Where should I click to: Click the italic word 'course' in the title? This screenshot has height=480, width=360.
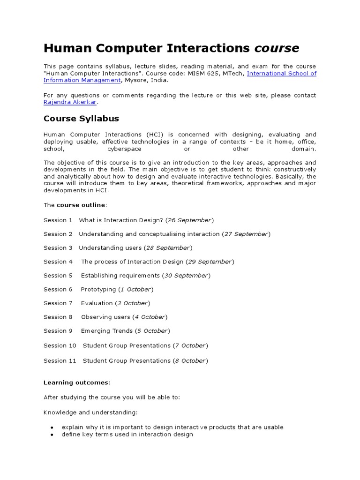click(277, 48)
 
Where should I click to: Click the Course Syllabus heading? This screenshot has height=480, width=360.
click(81, 119)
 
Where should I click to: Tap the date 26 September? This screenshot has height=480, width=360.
click(190, 220)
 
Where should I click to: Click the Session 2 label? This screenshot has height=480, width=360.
click(58, 234)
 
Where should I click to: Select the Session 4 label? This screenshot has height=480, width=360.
click(58, 262)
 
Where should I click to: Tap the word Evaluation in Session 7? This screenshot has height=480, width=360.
click(97, 303)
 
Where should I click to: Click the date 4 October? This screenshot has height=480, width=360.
click(150, 317)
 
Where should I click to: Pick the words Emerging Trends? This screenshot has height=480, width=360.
click(106, 331)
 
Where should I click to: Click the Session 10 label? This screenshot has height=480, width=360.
click(60, 345)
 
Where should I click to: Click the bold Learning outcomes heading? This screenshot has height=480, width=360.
click(76, 383)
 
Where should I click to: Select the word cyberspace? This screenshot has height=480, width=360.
click(124, 149)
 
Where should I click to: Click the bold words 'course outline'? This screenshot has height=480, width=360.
click(81, 205)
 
